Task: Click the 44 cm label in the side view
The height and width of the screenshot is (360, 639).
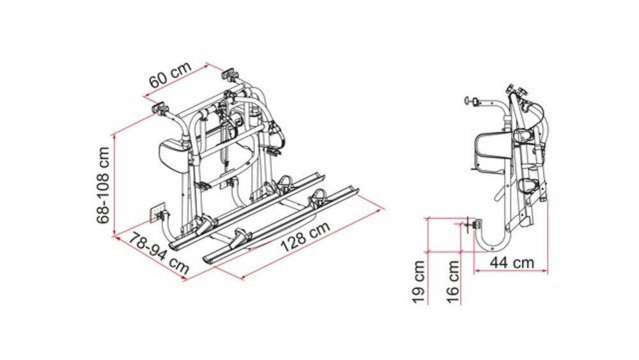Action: [x=512, y=262]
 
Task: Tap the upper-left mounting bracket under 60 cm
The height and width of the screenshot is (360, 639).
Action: [x=160, y=110]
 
